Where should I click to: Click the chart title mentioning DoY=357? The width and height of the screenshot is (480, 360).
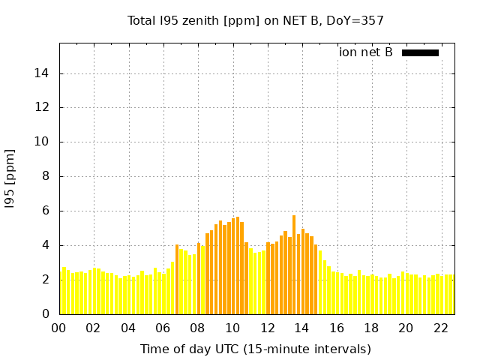(255, 20)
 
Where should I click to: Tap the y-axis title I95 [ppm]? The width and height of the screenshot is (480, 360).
(10, 178)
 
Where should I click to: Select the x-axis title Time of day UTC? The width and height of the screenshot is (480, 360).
(255, 349)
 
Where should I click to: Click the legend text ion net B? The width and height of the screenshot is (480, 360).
(365, 52)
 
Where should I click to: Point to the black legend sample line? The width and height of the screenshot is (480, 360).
(420, 52)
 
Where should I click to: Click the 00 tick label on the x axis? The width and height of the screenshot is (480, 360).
(59, 328)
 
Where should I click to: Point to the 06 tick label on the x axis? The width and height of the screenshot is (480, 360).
(163, 328)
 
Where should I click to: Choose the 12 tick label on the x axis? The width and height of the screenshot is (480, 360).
(267, 328)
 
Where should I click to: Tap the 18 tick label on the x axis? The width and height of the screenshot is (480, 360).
(371, 328)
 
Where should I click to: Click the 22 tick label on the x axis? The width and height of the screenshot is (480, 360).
(440, 328)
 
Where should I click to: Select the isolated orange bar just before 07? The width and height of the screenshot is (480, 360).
(177, 279)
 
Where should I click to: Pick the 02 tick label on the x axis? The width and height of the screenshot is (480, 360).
(94, 328)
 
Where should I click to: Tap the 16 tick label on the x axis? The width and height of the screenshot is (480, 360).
(337, 328)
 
